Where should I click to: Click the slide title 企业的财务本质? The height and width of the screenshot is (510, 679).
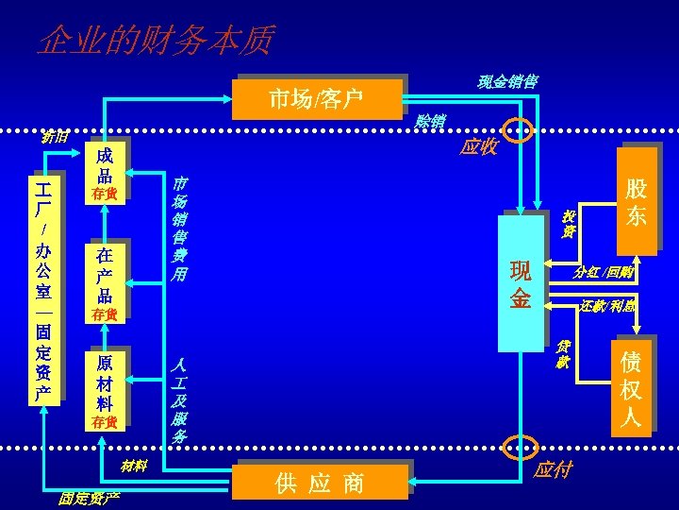coord(156,41)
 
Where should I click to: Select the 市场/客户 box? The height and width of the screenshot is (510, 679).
coord(316,98)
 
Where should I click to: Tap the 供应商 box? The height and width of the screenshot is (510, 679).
coord(320,484)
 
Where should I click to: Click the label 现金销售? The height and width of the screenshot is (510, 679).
coord(507,82)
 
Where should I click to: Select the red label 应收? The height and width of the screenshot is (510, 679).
coord(479,146)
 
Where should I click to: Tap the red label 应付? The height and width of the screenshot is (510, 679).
coord(553,469)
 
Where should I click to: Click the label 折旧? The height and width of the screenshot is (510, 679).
coord(55,136)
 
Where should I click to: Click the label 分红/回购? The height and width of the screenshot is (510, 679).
coord(603,273)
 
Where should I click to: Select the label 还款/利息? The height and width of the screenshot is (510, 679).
coord(607,306)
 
